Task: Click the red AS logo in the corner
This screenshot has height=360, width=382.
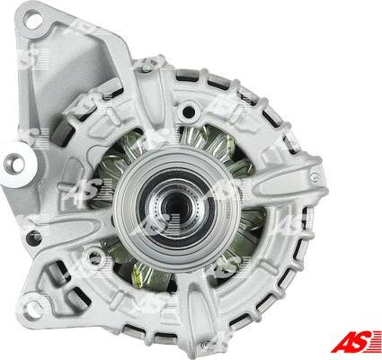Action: point(356,342)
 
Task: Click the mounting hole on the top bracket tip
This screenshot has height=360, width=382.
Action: point(33,19)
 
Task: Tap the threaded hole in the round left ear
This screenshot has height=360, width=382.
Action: point(14,164)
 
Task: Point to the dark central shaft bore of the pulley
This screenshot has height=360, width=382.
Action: point(175,207)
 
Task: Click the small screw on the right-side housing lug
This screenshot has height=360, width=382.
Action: point(315,177)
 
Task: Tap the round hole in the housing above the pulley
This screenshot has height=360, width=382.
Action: point(189,112)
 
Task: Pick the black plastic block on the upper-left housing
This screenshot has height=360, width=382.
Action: point(63,134)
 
